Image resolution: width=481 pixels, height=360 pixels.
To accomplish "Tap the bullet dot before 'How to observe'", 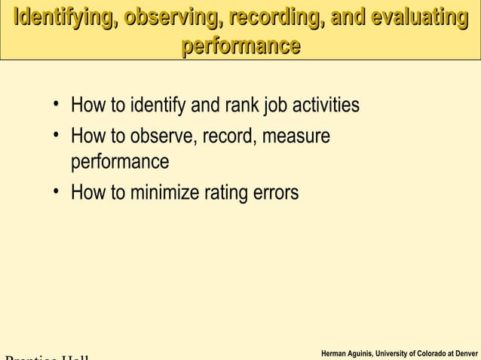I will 57,136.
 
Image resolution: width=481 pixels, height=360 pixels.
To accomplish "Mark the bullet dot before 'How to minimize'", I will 57,191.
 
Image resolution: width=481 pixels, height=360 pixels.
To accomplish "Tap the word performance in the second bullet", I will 120,163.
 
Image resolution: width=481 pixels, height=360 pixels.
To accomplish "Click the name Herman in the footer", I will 334,353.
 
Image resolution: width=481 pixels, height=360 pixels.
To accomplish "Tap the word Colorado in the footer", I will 433,353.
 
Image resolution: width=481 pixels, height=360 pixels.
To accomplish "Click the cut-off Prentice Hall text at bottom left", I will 45,356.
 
